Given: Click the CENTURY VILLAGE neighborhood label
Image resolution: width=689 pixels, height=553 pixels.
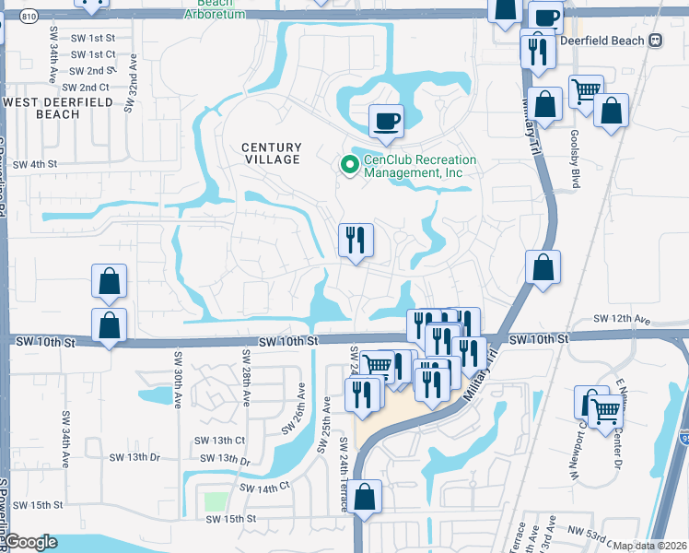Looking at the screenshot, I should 272,153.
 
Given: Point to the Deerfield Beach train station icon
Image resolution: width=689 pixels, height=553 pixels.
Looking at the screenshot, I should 657,40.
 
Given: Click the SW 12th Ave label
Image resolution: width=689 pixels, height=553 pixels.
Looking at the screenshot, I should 622,320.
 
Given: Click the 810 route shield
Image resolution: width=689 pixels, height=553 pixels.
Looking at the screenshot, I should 29,18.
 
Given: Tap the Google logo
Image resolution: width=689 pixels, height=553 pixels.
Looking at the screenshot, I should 30,543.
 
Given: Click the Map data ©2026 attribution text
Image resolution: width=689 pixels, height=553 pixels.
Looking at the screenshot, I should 648,546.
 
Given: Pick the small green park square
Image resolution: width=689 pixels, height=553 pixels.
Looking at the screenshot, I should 216,502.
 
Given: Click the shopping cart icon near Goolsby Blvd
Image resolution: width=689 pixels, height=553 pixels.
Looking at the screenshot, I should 587,91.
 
